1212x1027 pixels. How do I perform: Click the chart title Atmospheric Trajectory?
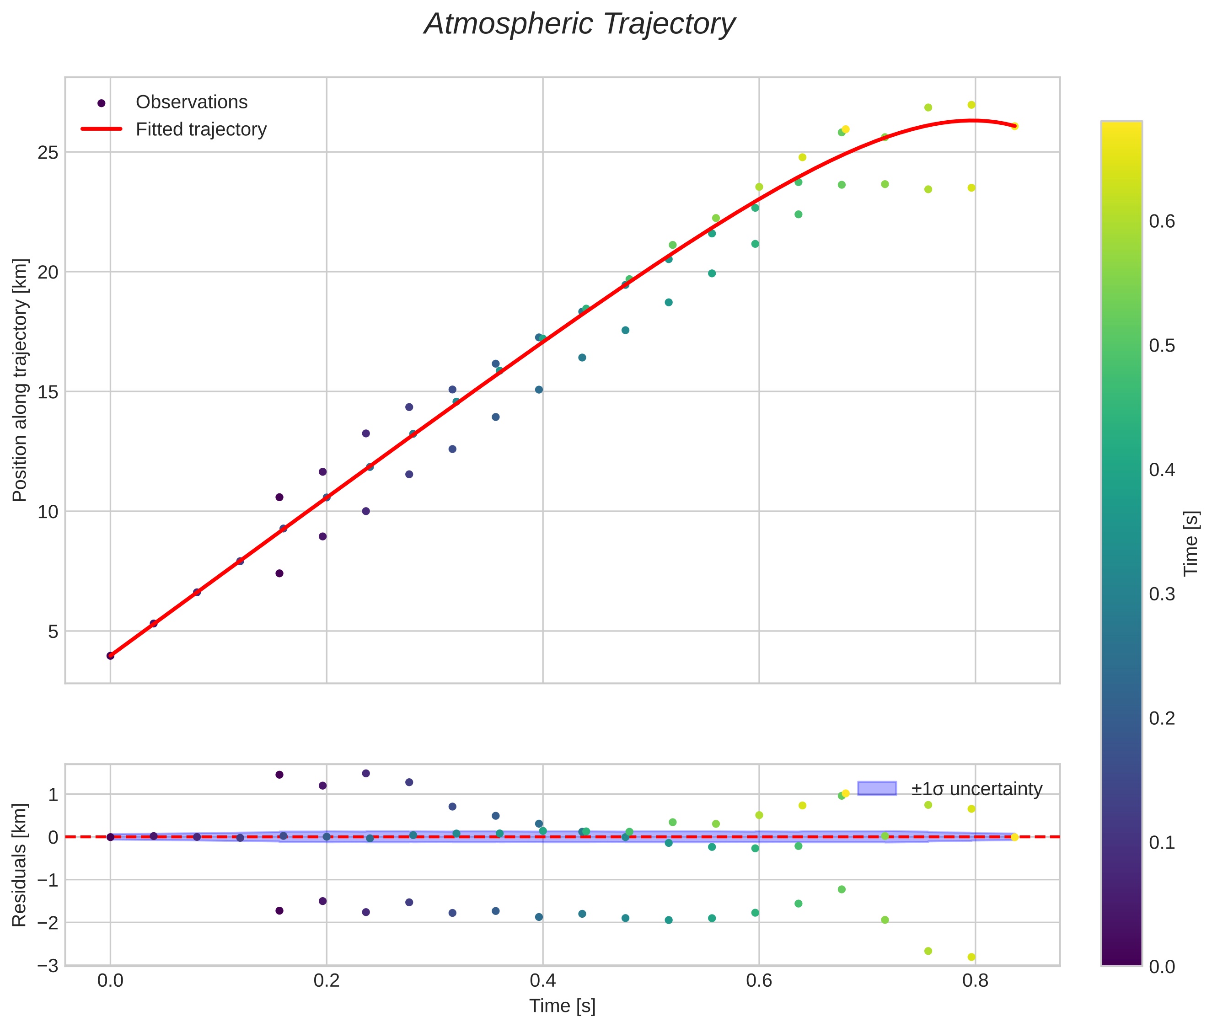(579, 24)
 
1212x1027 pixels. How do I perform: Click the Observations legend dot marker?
(102, 103)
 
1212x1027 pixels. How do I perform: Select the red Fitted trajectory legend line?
(102, 128)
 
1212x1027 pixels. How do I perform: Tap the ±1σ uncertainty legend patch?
(877, 789)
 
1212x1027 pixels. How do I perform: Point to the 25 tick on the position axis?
(49, 153)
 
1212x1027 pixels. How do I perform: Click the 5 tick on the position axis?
(53, 631)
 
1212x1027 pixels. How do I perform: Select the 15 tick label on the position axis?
(49, 392)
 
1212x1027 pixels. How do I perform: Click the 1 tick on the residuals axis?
(53, 795)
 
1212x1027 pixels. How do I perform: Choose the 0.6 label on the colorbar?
(1161, 222)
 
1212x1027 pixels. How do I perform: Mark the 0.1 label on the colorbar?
(1161, 842)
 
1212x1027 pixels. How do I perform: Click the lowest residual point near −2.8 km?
(971, 957)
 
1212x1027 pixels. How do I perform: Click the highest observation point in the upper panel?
(971, 105)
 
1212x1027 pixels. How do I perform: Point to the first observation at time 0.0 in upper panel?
(111, 656)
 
